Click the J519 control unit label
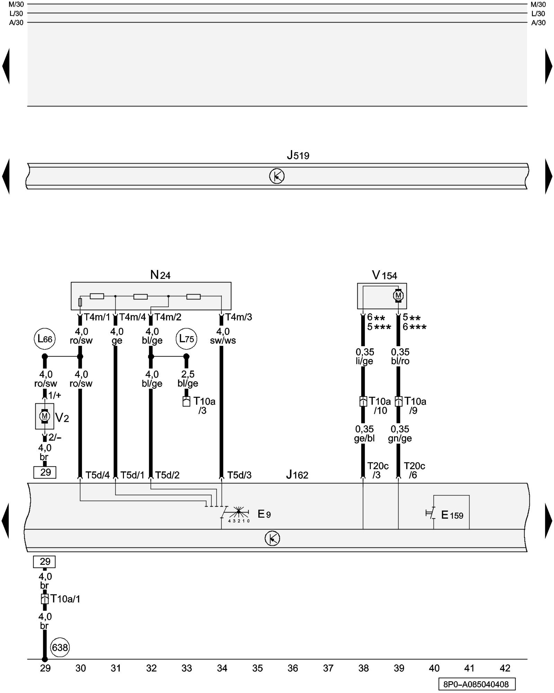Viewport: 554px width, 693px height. (x=298, y=155)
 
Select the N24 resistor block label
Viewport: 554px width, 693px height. (x=160, y=275)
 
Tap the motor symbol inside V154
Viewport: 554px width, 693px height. (x=398, y=296)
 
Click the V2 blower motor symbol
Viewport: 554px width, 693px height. (x=44, y=416)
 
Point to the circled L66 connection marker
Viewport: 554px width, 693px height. (x=45, y=339)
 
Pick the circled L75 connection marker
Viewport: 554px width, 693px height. (x=186, y=339)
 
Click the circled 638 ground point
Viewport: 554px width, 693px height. (x=60, y=647)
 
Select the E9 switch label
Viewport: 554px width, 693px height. (x=264, y=514)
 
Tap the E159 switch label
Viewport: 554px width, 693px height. (x=452, y=515)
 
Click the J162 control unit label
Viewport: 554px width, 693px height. (x=297, y=475)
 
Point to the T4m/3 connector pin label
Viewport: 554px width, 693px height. (x=239, y=317)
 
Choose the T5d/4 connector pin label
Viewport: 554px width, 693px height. (x=97, y=475)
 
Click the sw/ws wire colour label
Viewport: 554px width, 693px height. (x=223, y=341)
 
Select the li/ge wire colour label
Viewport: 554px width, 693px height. (x=364, y=361)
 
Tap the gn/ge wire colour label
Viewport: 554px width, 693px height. (x=400, y=438)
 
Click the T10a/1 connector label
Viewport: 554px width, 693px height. (x=65, y=599)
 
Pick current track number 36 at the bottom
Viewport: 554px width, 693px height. (x=293, y=668)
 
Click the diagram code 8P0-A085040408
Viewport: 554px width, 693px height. (x=476, y=684)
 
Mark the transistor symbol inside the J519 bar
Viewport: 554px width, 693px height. (x=277, y=176)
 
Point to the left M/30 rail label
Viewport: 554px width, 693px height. (x=16, y=5)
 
